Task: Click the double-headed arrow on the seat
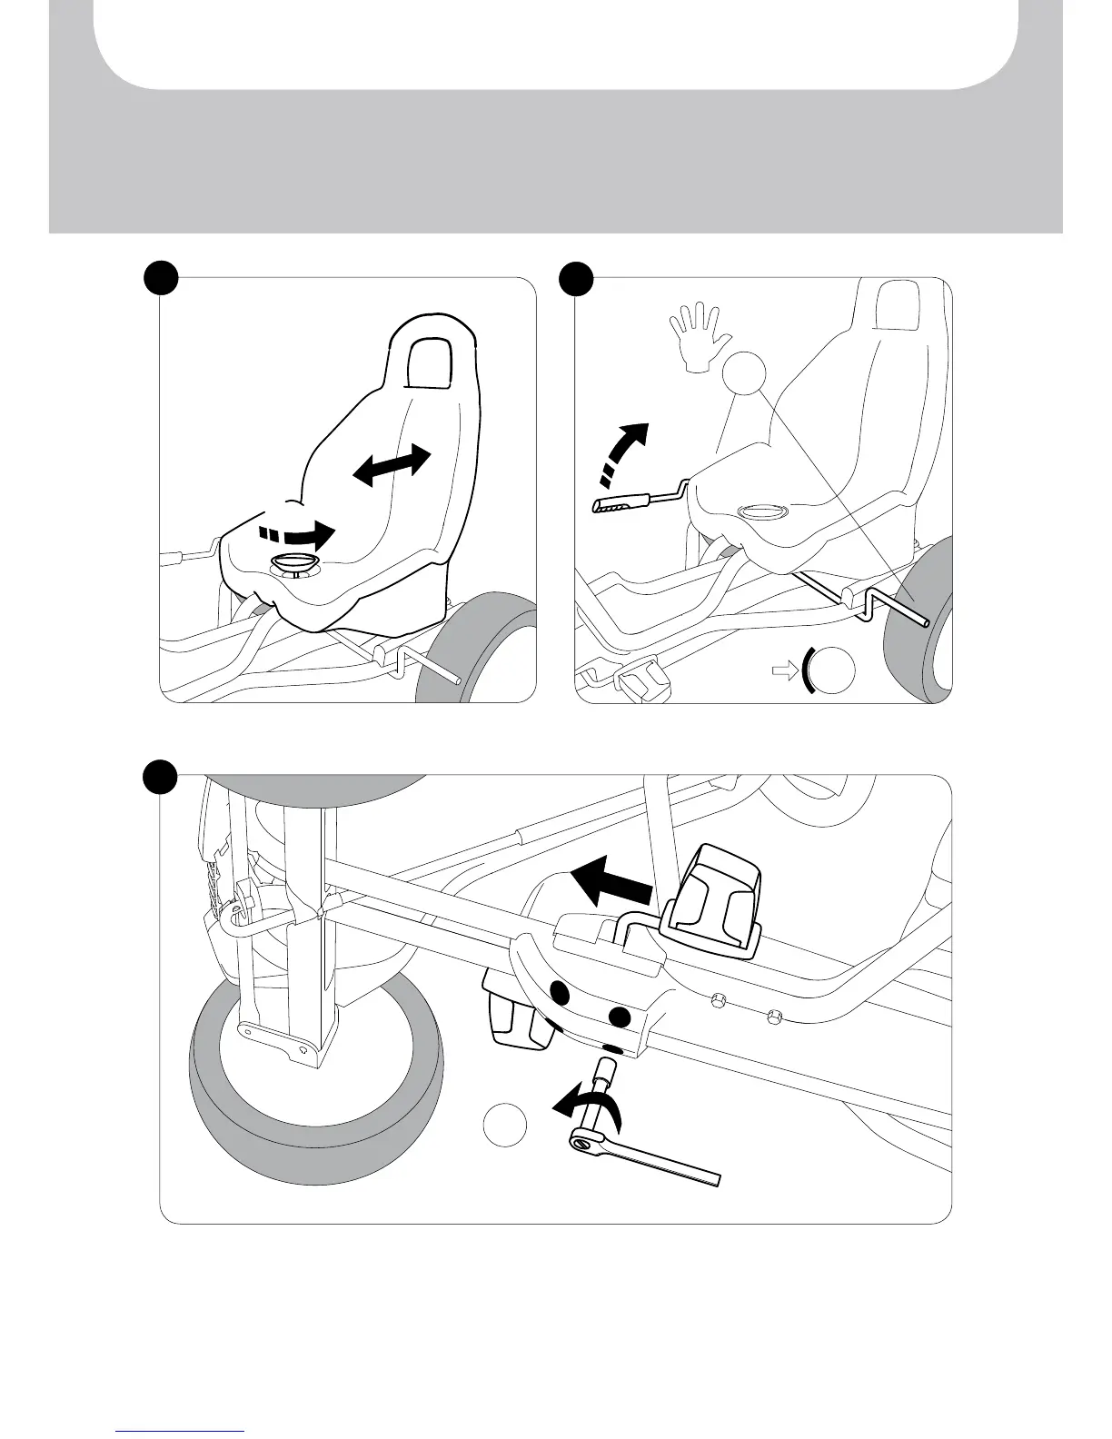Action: click(392, 464)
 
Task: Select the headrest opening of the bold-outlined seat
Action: click(428, 362)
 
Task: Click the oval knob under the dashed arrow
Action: click(293, 566)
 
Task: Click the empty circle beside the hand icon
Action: click(744, 372)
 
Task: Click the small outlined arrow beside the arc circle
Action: click(781, 671)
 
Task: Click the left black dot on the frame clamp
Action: click(560, 994)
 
